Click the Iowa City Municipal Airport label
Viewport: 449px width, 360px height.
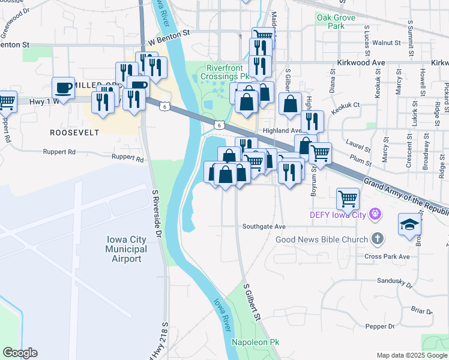point(126,249)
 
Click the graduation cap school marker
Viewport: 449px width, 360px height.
point(409,226)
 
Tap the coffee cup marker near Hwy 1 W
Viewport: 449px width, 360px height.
point(63,88)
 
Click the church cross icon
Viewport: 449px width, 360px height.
point(376,239)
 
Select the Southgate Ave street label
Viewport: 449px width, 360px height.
point(264,227)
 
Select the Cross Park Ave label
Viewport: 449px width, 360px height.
point(387,256)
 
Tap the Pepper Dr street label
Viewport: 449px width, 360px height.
point(379,326)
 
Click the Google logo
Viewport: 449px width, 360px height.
point(20,353)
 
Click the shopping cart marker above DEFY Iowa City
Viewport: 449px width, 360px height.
point(348,198)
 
